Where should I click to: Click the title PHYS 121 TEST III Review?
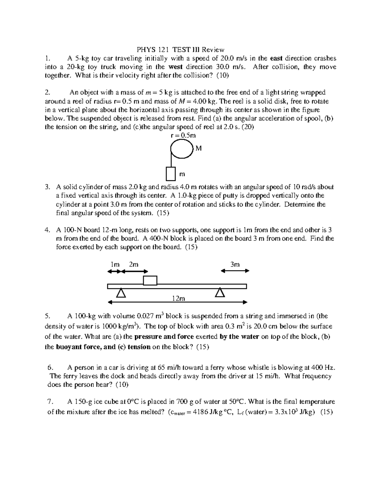click(180, 50)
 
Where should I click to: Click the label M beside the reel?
click(199, 148)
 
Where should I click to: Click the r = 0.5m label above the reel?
click(183, 135)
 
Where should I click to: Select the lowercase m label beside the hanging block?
click(182, 174)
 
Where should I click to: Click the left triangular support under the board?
click(121, 293)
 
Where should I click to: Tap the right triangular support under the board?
click(220, 292)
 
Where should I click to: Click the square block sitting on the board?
click(150, 281)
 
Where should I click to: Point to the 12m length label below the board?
click(178, 298)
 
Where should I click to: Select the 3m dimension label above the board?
click(235, 264)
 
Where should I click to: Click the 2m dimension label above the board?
click(134, 264)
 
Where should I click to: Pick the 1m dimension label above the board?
click(115, 264)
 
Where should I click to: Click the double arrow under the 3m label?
click(235, 271)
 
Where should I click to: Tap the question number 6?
click(50, 368)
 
